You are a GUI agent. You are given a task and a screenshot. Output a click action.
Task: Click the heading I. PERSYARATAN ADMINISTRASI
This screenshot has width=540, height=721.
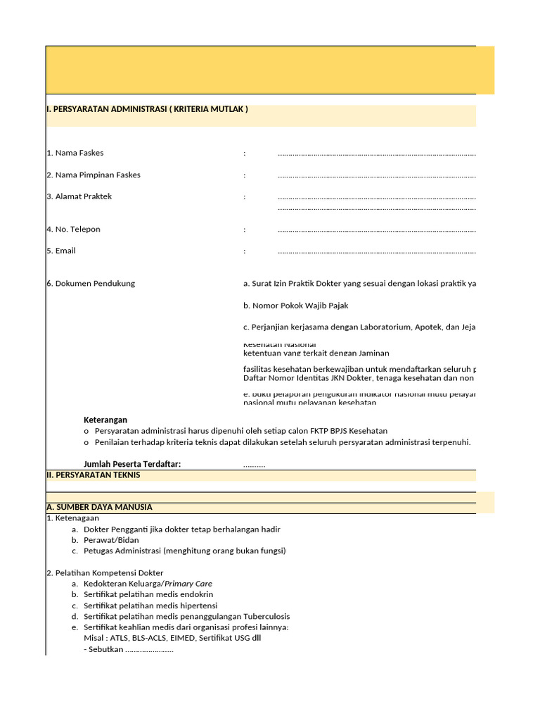pyautogui.click(x=147, y=109)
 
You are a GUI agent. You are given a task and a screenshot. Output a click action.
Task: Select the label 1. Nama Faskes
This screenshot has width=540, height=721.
pyautogui.click(x=75, y=153)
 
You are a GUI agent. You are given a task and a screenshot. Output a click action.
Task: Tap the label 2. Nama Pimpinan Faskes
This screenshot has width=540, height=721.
pyautogui.click(x=94, y=175)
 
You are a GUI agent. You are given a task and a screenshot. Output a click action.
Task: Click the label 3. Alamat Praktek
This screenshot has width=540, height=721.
pyautogui.click(x=79, y=196)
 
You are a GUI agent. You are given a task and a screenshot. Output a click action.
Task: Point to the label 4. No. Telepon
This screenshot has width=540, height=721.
pyautogui.click(x=74, y=230)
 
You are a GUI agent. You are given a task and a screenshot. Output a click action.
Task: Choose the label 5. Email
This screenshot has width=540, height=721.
pyautogui.click(x=61, y=251)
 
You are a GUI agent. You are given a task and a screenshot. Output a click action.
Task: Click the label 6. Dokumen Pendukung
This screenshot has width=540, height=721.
pyautogui.click(x=91, y=284)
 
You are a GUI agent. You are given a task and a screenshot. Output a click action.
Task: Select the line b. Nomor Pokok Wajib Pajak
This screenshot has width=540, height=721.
pyautogui.click(x=296, y=306)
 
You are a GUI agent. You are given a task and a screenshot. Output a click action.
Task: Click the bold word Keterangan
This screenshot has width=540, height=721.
pyautogui.click(x=105, y=420)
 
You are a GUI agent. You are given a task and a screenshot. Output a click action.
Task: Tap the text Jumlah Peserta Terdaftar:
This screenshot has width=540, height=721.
pyautogui.click(x=132, y=463)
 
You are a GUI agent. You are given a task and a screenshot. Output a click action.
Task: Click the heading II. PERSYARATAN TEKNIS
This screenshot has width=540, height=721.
pyautogui.click(x=94, y=475)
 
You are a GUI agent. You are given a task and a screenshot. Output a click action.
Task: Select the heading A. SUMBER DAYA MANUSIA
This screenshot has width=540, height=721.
pyautogui.click(x=99, y=507)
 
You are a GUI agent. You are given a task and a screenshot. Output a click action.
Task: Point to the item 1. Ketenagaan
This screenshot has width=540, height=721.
pyautogui.click(x=73, y=518)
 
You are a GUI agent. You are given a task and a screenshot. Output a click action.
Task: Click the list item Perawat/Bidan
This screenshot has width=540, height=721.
pyautogui.click(x=111, y=540)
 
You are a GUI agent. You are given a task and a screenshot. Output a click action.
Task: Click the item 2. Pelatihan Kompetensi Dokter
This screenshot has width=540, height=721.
pyautogui.click(x=105, y=573)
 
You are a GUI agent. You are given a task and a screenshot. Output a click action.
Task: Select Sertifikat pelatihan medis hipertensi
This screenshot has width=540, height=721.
pyautogui.click(x=150, y=606)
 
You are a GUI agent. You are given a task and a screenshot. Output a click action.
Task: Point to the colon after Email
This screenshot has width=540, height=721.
pyautogui.click(x=245, y=251)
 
